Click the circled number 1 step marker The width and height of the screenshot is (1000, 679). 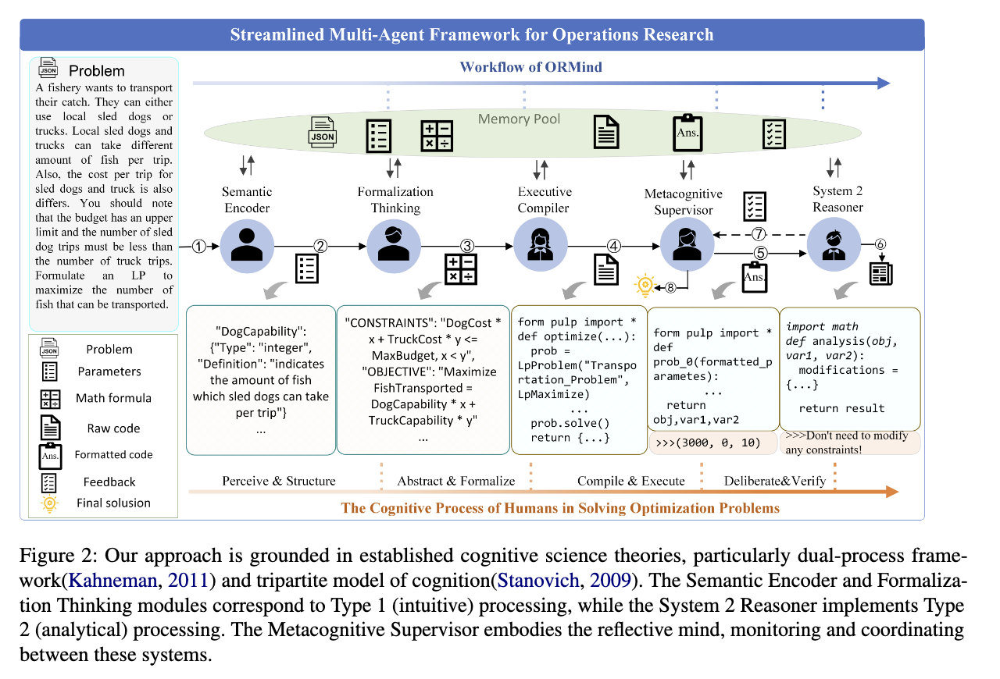199,246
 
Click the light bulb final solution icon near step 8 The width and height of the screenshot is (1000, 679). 645,286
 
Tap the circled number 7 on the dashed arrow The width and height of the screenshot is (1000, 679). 758,233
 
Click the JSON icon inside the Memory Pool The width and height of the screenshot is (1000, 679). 323,133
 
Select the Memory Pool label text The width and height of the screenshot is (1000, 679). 520,119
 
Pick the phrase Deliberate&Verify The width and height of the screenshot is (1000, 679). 774,481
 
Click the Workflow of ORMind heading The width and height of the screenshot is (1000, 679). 531,66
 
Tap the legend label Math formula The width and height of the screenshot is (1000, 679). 113,398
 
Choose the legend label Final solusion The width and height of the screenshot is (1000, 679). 113,503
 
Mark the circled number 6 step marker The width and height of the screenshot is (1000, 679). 880,244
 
